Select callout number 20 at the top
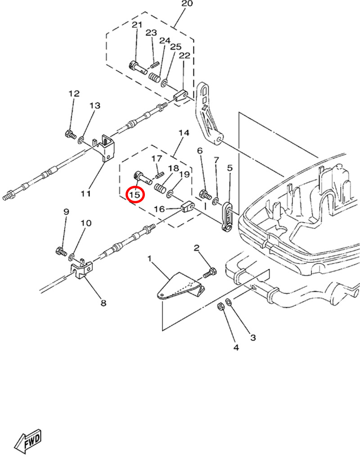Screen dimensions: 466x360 click(187, 4)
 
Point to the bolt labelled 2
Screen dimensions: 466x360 click(211, 271)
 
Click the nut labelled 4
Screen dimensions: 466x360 click(221, 307)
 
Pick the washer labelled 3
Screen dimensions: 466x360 click(229, 302)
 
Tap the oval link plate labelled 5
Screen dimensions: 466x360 click(227, 215)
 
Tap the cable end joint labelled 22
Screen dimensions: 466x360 click(181, 96)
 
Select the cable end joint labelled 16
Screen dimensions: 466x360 click(188, 207)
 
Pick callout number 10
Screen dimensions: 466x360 click(85, 223)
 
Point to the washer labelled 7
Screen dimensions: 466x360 click(216, 199)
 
